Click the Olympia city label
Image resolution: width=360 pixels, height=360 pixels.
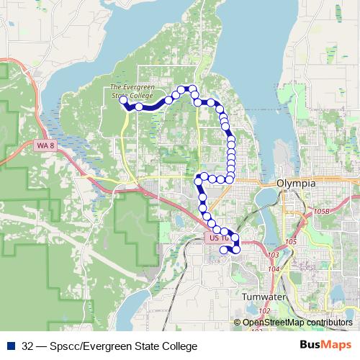pyautogui.click(x=296, y=184)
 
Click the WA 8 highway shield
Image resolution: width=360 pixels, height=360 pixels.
pyautogui.click(x=44, y=145)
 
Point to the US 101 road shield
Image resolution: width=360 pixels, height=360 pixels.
pyautogui.click(x=218, y=237)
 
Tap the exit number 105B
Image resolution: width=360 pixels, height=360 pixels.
pyautogui.click(x=322, y=211)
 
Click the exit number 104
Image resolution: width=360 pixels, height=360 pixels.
pyautogui.click(x=273, y=269)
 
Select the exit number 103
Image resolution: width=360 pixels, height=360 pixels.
pyautogui.click(x=273, y=256)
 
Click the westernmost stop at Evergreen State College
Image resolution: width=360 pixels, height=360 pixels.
pyautogui.click(x=123, y=100)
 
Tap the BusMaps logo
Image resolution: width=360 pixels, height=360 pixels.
pyautogui.click(x=325, y=346)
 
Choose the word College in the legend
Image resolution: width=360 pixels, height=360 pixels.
pyautogui.click(x=179, y=346)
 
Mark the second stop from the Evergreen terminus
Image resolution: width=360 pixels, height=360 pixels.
pyautogui.click(x=139, y=107)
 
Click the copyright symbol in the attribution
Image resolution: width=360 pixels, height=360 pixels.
pyautogui.click(x=237, y=323)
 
